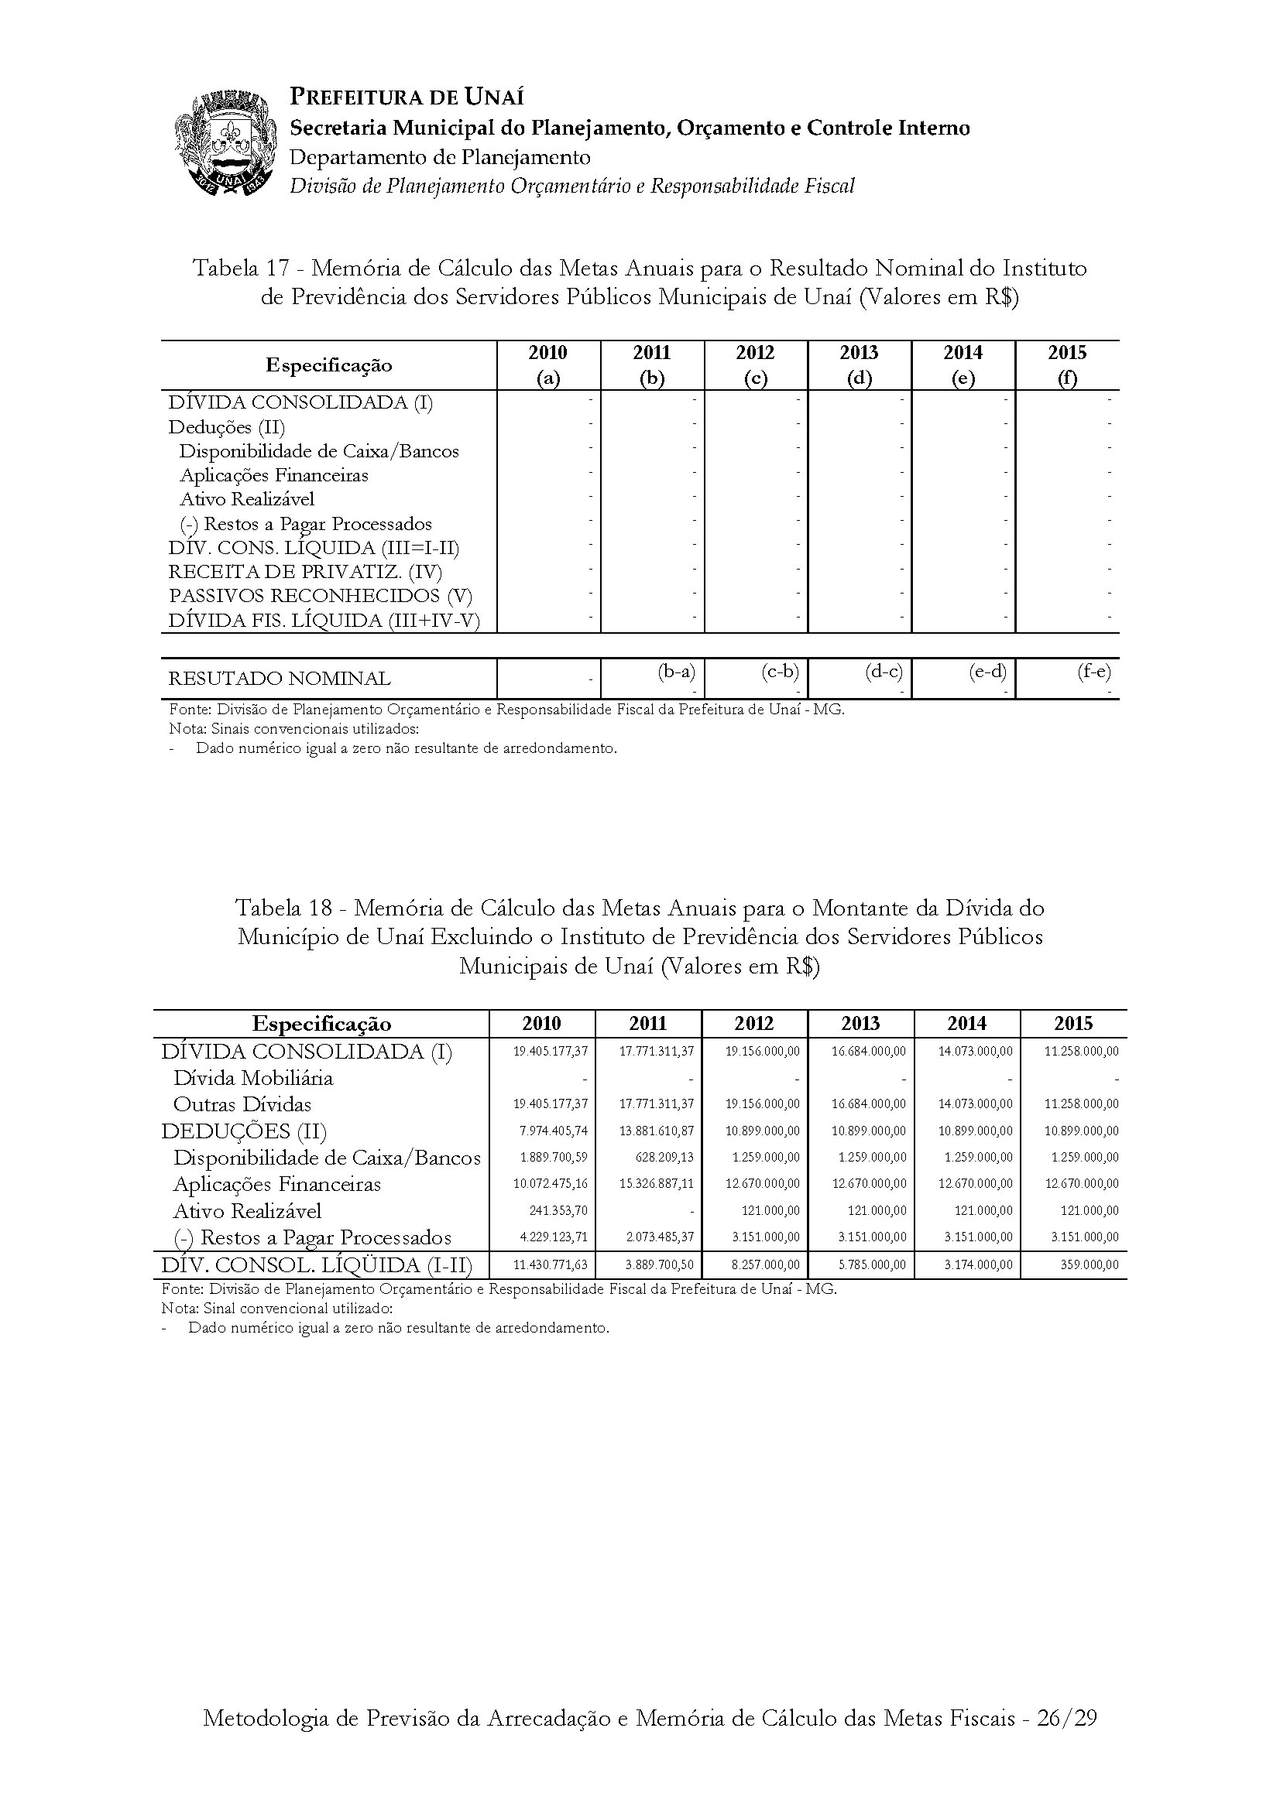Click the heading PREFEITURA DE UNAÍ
point(407,97)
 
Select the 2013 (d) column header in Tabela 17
point(859,365)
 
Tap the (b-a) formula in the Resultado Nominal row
point(676,672)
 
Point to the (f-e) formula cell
point(1093,672)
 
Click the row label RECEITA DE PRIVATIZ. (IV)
point(305,572)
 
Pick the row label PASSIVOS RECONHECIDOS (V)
point(321,596)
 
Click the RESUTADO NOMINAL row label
point(280,678)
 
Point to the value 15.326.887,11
point(656,1184)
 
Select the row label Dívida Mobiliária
point(252,1079)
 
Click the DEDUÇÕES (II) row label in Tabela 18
point(244,1131)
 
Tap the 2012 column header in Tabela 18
point(754,1024)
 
